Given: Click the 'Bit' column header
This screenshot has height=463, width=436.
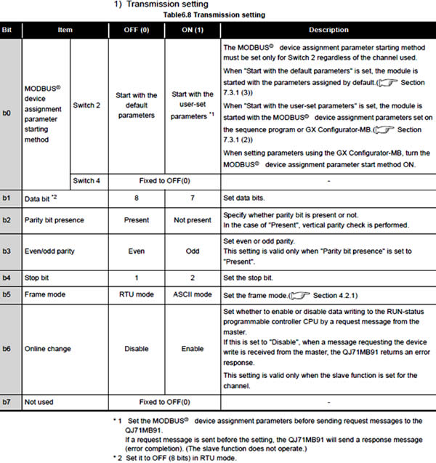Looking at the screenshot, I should (x=9, y=30).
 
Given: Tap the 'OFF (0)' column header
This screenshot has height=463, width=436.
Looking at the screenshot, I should (x=137, y=30).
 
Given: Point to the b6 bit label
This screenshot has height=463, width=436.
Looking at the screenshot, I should (x=9, y=349).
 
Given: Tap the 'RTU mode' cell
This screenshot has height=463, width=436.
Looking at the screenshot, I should (x=137, y=296).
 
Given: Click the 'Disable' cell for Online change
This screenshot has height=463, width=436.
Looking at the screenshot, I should (x=137, y=349).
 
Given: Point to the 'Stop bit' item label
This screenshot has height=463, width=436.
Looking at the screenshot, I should (x=39, y=278).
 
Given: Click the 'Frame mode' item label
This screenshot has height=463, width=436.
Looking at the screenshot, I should (x=45, y=296).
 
